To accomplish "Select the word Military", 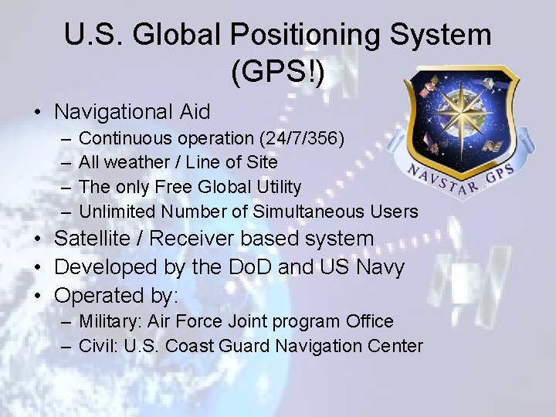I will coord(106,321).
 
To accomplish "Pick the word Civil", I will coord(96,345).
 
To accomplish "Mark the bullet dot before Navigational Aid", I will coord(37,113).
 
